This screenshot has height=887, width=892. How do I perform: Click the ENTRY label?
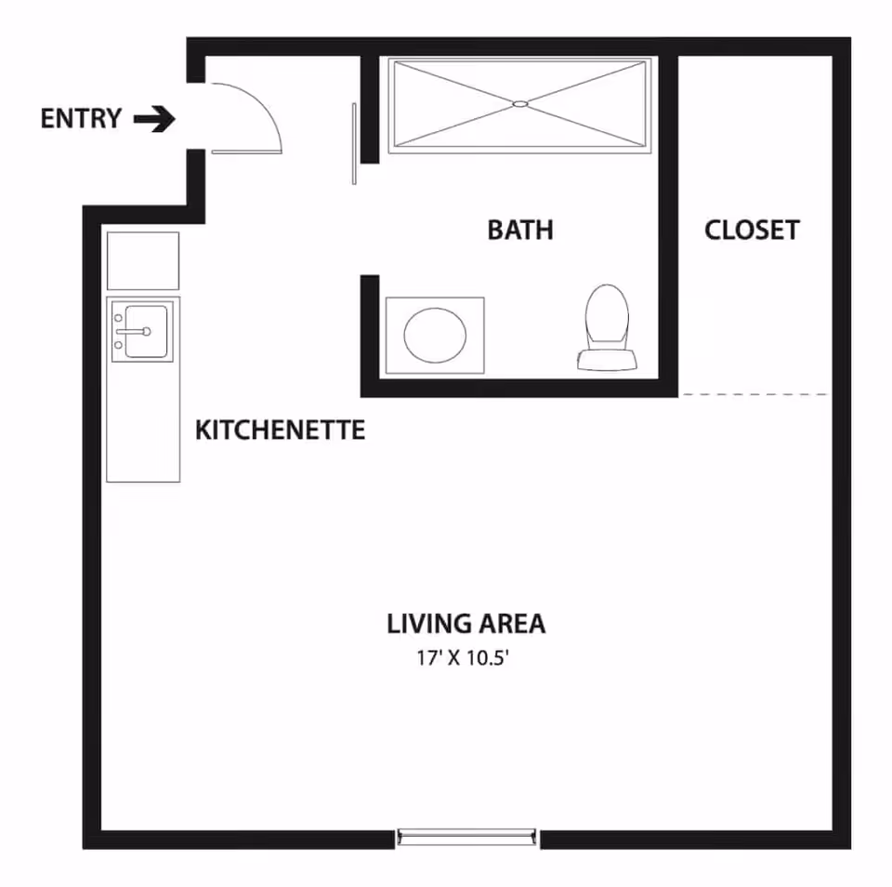81,119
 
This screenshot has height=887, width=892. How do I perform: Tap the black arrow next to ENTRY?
154,119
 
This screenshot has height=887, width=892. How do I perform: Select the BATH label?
520,230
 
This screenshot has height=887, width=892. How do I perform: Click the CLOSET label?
752,230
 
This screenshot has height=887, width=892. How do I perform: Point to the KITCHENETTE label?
280,430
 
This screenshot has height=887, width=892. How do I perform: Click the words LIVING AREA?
466,624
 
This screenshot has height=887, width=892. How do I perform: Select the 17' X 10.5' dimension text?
466,659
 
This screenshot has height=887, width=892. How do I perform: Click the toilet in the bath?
606,321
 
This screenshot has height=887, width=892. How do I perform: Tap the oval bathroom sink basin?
435,335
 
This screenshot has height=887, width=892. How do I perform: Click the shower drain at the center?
520,103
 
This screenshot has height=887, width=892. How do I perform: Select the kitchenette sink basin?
147,330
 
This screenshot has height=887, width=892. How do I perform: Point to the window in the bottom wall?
467,837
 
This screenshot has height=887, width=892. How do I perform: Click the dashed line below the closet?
754,395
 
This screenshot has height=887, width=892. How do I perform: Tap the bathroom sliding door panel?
354,143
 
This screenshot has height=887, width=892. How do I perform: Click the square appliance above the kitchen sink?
143,261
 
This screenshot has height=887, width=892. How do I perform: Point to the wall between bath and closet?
668,223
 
